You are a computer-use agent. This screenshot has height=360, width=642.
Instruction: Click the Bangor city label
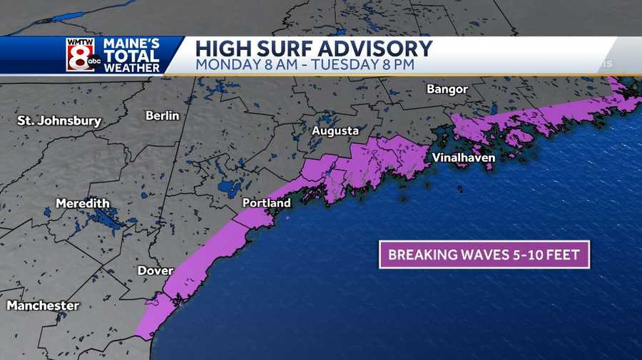tap(447, 89)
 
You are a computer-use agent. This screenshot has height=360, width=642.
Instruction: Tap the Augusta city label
tap(335, 131)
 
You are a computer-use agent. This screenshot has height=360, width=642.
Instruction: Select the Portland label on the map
tap(267, 203)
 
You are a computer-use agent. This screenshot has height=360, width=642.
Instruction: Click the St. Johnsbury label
tap(59, 121)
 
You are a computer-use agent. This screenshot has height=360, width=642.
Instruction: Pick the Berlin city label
tap(163, 115)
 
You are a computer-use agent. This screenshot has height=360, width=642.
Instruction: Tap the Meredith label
tap(83, 203)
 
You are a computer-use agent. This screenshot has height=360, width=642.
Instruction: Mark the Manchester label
tap(43, 305)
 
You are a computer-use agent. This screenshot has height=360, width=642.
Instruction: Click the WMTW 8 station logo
tap(81, 55)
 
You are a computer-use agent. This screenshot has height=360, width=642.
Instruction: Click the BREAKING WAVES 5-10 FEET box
tap(484, 254)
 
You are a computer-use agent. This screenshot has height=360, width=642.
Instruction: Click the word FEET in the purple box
tap(564, 254)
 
